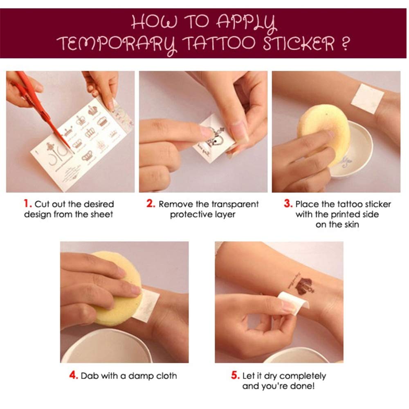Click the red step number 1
pyautogui.click(x=27, y=203)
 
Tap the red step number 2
pyautogui.click(x=151, y=203)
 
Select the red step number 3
pyautogui.click(x=288, y=203)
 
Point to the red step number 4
pyautogui.click(x=74, y=375)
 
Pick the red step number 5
pyautogui.click(x=235, y=375)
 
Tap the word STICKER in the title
pyautogui.click(x=299, y=43)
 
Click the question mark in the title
pyautogui.click(x=345, y=43)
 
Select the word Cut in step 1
pyautogui.click(x=42, y=204)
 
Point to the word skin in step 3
pyautogui.click(x=351, y=224)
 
